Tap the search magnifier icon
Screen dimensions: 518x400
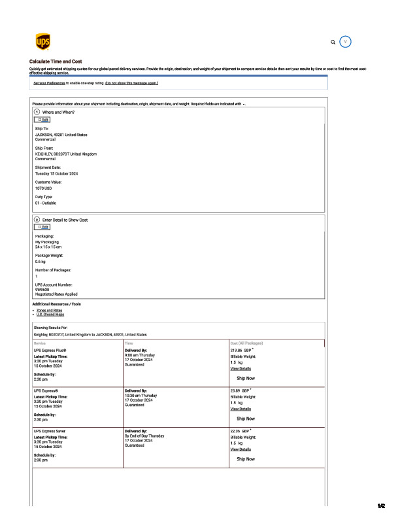click(333, 42)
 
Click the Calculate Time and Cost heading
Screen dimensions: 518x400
click(56, 61)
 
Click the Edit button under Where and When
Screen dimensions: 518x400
click(41, 120)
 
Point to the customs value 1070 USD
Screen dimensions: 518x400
click(43, 188)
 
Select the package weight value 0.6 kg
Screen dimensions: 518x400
click(40, 261)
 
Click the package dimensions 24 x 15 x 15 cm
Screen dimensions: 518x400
click(48, 247)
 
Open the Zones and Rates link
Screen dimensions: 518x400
click(50, 310)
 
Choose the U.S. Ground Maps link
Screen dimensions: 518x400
click(50, 315)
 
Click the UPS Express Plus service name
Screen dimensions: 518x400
click(50, 351)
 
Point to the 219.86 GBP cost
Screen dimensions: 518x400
click(241, 351)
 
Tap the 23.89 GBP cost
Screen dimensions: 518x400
click(240, 390)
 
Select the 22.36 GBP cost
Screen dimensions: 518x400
click(240, 432)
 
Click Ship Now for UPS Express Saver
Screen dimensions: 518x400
click(246, 459)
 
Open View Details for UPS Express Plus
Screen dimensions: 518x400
click(241, 368)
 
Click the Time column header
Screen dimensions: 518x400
click(129, 343)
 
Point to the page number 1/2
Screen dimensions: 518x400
click(382, 506)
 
